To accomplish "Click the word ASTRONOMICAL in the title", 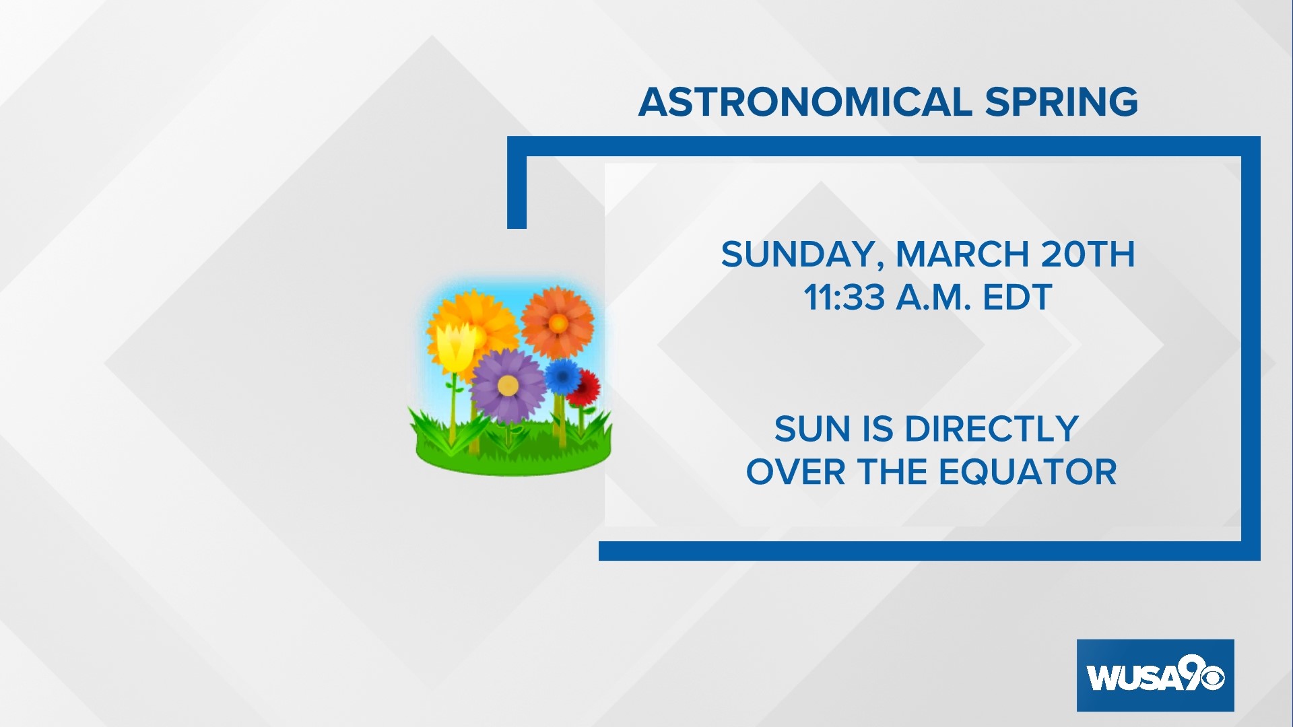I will (x=805, y=102).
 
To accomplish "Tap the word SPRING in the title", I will (x=1061, y=102).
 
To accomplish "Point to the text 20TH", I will (x=1088, y=254).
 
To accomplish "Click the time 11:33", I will (x=844, y=298).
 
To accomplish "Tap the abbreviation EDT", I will (x=1017, y=298).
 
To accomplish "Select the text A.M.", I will (x=933, y=298).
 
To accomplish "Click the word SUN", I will (x=813, y=429).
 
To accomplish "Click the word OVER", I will (x=795, y=472).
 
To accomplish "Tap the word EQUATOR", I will (x=1028, y=472).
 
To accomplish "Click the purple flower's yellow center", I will (x=508, y=386).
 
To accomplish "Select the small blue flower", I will (x=562, y=376).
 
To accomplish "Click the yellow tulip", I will (x=455, y=347).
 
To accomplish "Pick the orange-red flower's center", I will (x=558, y=324).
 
